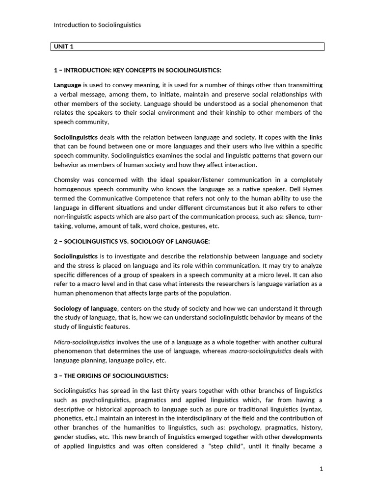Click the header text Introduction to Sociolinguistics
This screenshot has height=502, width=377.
(x=97, y=25)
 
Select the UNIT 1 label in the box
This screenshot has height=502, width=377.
(x=64, y=47)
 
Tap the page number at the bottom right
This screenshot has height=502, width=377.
(x=322, y=469)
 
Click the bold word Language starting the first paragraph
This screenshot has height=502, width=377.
(x=67, y=85)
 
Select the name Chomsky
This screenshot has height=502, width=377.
(x=67, y=180)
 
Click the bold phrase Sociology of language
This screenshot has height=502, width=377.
(x=85, y=308)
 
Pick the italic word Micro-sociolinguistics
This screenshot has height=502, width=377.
(x=84, y=342)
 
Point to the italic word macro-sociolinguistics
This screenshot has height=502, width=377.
(x=260, y=351)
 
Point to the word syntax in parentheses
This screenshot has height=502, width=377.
(x=311, y=409)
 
